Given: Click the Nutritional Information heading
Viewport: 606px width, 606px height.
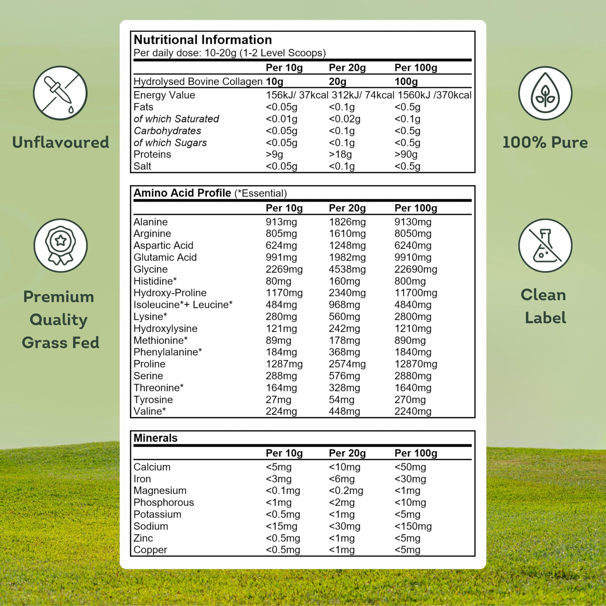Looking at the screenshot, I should pyautogui.click(x=203, y=40).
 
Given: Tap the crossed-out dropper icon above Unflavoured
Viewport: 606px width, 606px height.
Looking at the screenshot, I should pyautogui.click(x=60, y=93).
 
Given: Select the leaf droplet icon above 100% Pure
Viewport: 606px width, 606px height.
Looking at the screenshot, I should pyautogui.click(x=545, y=93).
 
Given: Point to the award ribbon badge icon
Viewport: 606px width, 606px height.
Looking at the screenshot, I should pyautogui.click(x=60, y=246).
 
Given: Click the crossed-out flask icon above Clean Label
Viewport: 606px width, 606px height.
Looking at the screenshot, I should pyautogui.click(x=545, y=246).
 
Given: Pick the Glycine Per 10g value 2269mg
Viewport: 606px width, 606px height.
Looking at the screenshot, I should pyautogui.click(x=284, y=269).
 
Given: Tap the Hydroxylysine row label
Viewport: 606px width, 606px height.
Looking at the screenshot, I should pyautogui.click(x=165, y=329).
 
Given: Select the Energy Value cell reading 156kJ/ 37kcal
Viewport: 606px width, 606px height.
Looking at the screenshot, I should pyautogui.click(x=297, y=95).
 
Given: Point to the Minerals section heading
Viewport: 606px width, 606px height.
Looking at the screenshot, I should pyautogui.click(x=155, y=438).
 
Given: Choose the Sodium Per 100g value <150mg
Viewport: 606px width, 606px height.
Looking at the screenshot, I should pyautogui.click(x=413, y=526).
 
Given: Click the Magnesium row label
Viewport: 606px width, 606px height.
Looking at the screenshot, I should pyautogui.click(x=160, y=490).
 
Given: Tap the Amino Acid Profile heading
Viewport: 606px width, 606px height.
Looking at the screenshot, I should pyautogui.click(x=182, y=193).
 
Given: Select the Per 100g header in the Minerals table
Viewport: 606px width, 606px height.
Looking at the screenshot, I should pyautogui.click(x=416, y=453).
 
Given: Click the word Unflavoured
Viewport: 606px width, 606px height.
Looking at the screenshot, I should pyautogui.click(x=60, y=142).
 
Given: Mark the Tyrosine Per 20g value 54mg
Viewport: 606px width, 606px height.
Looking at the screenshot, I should pyautogui.click(x=341, y=400).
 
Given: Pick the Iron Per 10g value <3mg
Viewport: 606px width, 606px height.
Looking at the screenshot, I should pyautogui.click(x=278, y=479).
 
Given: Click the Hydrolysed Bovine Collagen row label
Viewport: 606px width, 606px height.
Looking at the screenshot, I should pyautogui.click(x=198, y=82).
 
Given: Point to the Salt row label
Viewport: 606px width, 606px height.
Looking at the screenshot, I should pyautogui.click(x=142, y=166).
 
